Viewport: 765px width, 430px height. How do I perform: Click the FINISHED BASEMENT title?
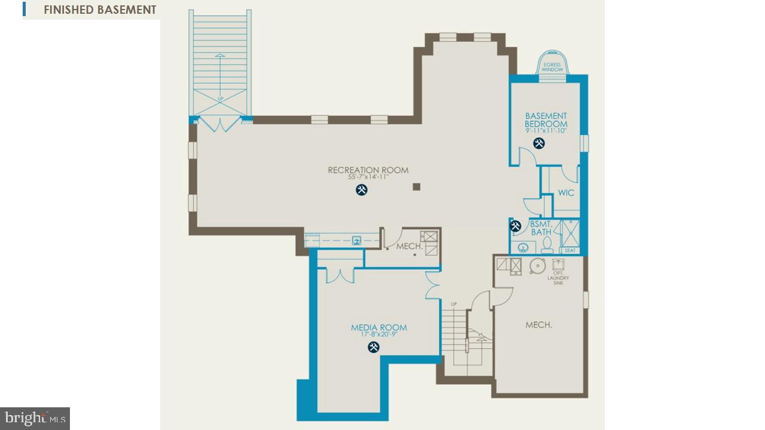100,10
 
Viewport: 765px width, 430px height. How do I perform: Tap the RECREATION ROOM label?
368,170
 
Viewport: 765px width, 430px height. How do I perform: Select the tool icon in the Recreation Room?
362,191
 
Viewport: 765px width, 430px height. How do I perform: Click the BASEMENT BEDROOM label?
546,120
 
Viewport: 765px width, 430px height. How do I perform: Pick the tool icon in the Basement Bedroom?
539,143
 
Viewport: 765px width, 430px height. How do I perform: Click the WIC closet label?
566,193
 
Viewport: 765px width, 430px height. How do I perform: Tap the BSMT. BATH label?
541,228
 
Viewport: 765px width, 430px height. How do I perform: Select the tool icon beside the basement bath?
516,226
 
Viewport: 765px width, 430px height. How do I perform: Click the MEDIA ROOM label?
379,327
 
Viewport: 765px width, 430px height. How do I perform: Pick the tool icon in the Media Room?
374,347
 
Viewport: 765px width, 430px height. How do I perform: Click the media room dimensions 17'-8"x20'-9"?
379,334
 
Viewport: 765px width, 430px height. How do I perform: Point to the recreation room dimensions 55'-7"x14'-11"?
368,177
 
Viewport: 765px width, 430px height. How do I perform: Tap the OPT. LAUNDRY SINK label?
558,278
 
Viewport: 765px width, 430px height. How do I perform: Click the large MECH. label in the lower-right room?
538,325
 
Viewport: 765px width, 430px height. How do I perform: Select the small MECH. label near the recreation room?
410,246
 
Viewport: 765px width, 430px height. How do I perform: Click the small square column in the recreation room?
417,187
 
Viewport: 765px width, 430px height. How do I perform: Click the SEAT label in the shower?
570,250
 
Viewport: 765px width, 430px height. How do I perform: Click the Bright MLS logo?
35,418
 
